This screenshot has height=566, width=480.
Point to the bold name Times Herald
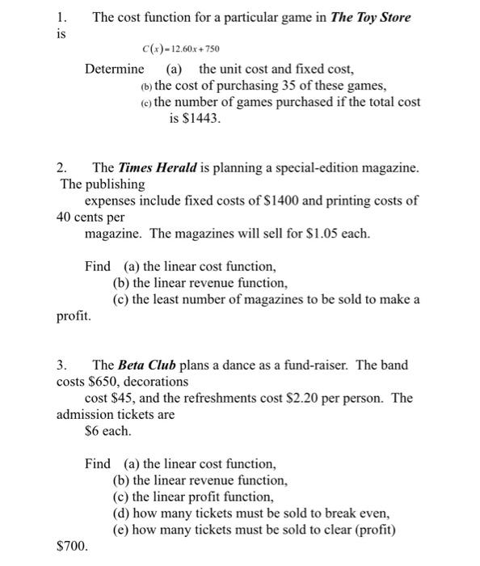tap(151, 168)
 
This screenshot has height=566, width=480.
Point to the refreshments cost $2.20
tap(331, 398)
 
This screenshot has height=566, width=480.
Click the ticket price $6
tap(92, 430)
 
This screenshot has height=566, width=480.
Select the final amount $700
tap(72, 547)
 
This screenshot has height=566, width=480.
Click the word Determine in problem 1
tap(114, 69)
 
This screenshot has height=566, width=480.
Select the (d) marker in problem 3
tap(122, 513)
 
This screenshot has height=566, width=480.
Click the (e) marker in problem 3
tap(122, 530)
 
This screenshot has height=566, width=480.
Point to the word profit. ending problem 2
tap(74, 315)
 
